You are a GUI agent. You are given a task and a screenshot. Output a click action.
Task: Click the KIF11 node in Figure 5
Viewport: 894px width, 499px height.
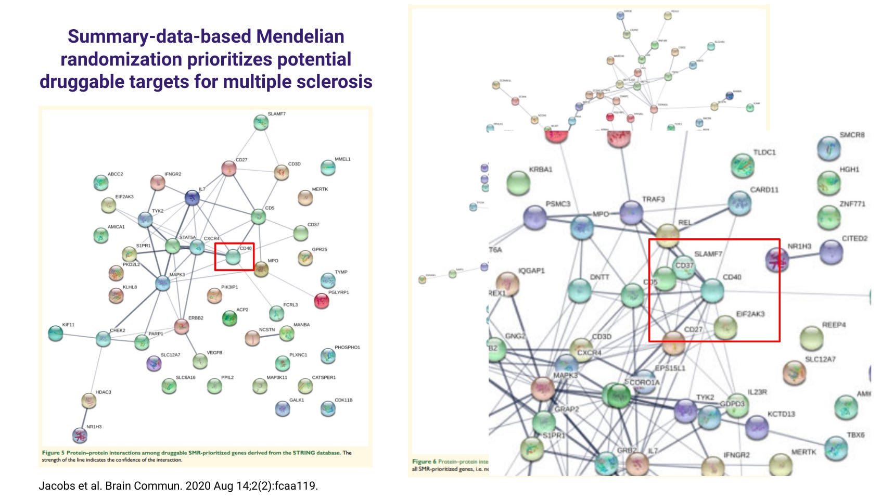(x=55, y=334)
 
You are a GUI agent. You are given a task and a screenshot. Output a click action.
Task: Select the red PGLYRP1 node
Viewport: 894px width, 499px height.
(x=322, y=301)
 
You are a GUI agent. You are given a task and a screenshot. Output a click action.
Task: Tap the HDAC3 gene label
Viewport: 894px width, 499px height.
(x=103, y=392)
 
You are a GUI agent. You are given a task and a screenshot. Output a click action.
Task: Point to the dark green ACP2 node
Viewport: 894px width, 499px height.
(x=229, y=318)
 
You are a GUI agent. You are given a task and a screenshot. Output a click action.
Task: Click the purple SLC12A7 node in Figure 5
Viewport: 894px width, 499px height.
(x=154, y=363)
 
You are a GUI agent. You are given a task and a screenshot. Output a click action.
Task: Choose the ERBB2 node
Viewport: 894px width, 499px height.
(x=181, y=327)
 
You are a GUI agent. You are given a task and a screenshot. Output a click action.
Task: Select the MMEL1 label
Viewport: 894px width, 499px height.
(x=342, y=159)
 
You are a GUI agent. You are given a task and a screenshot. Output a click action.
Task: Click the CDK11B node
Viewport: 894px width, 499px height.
(x=327, y=409)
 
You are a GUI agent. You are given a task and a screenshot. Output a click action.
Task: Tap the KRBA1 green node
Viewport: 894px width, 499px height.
(x=518, y=183)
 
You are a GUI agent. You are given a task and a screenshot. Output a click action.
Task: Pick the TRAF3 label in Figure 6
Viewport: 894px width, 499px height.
(x=653, y=199)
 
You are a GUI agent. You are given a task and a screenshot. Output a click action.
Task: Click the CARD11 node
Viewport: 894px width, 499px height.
(x=739, y=203)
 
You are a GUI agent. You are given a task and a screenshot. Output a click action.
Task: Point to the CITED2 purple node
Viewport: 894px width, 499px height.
(x=831, y=253)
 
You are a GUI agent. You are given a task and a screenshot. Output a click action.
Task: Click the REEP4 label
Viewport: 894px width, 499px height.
(x=834, y=325)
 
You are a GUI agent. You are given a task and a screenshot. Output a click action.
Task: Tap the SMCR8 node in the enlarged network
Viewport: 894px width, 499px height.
(x=829, y=148)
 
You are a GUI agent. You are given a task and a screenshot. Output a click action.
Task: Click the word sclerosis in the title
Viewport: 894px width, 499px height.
(x=334, y=82)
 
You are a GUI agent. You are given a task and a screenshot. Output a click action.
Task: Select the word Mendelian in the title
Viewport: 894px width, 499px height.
(x=300, y=36)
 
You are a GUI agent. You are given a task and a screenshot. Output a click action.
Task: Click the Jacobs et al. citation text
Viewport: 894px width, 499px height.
(x=178, y=486)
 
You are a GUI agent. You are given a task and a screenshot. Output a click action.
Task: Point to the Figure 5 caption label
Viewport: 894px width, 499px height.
(x=53, y=453)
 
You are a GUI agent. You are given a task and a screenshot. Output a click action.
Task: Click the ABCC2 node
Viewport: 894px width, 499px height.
(x=100, y=183)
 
